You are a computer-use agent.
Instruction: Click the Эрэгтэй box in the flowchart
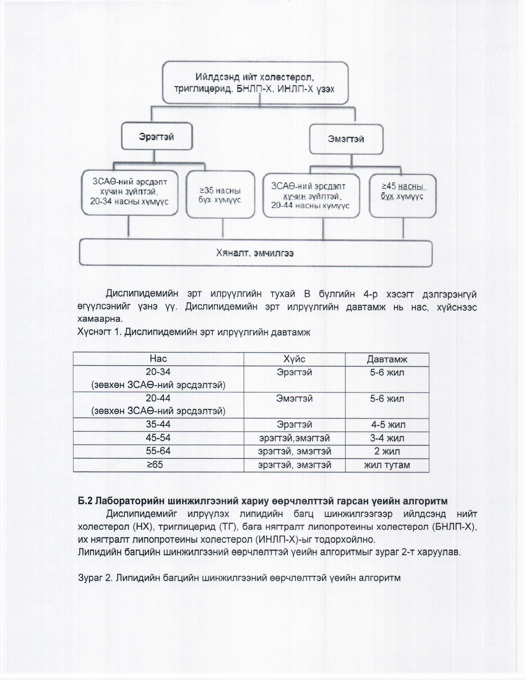point(157,136)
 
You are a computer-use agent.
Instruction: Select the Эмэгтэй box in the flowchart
point(346,139)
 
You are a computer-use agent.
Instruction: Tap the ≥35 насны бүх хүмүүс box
point(220,195)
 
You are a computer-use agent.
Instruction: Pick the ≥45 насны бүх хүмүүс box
point(402,196)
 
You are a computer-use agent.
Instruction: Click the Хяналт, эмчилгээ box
point(255,253)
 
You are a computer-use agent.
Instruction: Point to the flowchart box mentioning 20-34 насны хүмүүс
point(130,192)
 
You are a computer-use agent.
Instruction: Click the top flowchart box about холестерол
point(255,83)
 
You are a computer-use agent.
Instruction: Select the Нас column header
point(158,359)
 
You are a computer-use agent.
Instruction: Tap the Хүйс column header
point(294,359)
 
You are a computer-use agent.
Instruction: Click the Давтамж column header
point(387,359)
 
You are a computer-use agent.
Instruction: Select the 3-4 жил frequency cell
point(387,438)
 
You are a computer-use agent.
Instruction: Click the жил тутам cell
point(387,465)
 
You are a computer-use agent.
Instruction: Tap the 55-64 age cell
point(158,451)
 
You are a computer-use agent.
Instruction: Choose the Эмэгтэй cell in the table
point(294,398)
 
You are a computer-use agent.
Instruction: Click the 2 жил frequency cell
point(387,451)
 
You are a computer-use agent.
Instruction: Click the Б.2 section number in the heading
point(85,501)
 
